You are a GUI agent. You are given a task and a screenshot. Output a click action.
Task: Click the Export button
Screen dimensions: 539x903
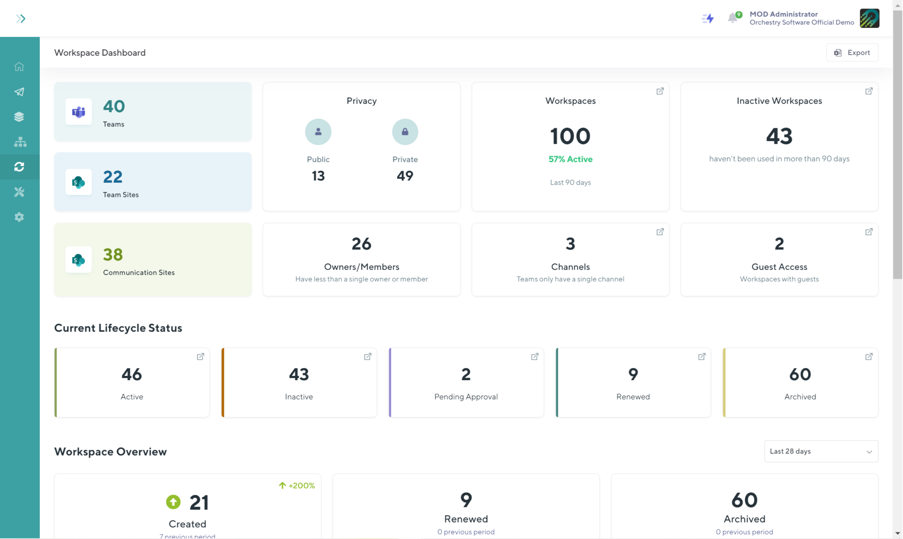[x=852, y=52]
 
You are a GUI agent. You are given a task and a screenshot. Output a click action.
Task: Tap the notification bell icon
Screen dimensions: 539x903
[x=732, y=18]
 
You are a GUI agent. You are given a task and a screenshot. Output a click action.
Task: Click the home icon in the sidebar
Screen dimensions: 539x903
[x=19, y=67]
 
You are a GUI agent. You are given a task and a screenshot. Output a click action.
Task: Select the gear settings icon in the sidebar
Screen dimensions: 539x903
[x=19, y=217]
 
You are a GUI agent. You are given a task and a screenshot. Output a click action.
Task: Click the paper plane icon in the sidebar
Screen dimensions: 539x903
[x=19, y=92]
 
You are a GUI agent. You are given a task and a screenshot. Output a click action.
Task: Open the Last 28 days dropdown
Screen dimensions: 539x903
[x=821, y=451]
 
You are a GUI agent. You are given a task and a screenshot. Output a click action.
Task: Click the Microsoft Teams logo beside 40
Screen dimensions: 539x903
[x=78, y=112]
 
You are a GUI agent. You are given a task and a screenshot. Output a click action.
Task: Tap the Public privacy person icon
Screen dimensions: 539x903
[x=318, y=132]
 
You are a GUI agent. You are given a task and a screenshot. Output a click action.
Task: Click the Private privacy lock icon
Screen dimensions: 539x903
[x=405, y=132]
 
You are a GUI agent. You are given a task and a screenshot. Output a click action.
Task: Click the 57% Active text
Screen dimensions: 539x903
[x=570, y=159]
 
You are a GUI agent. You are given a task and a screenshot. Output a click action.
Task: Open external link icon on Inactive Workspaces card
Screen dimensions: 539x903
[x=869, y=91]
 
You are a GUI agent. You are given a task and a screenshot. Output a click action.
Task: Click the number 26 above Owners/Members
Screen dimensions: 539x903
[x=361, y=244]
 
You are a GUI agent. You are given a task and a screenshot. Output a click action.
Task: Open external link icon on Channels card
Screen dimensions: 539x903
[x=660, y=232]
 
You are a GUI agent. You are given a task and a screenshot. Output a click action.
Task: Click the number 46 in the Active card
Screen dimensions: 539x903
[x=131, y=374]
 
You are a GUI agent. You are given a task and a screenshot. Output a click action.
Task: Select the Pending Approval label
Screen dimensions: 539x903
[x=466, y=397]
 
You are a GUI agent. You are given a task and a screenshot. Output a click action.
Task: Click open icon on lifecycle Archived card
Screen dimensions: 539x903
[x=869, y=356]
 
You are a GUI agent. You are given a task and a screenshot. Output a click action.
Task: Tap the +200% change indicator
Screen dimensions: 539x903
[x=297, y=486]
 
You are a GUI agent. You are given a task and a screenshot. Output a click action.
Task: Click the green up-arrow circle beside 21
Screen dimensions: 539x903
[x=173, y=502]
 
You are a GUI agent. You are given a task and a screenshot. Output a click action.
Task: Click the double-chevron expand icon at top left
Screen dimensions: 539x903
[x=20, y=19]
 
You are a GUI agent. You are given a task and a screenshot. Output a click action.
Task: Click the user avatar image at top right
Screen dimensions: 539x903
[x=869, y=18]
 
